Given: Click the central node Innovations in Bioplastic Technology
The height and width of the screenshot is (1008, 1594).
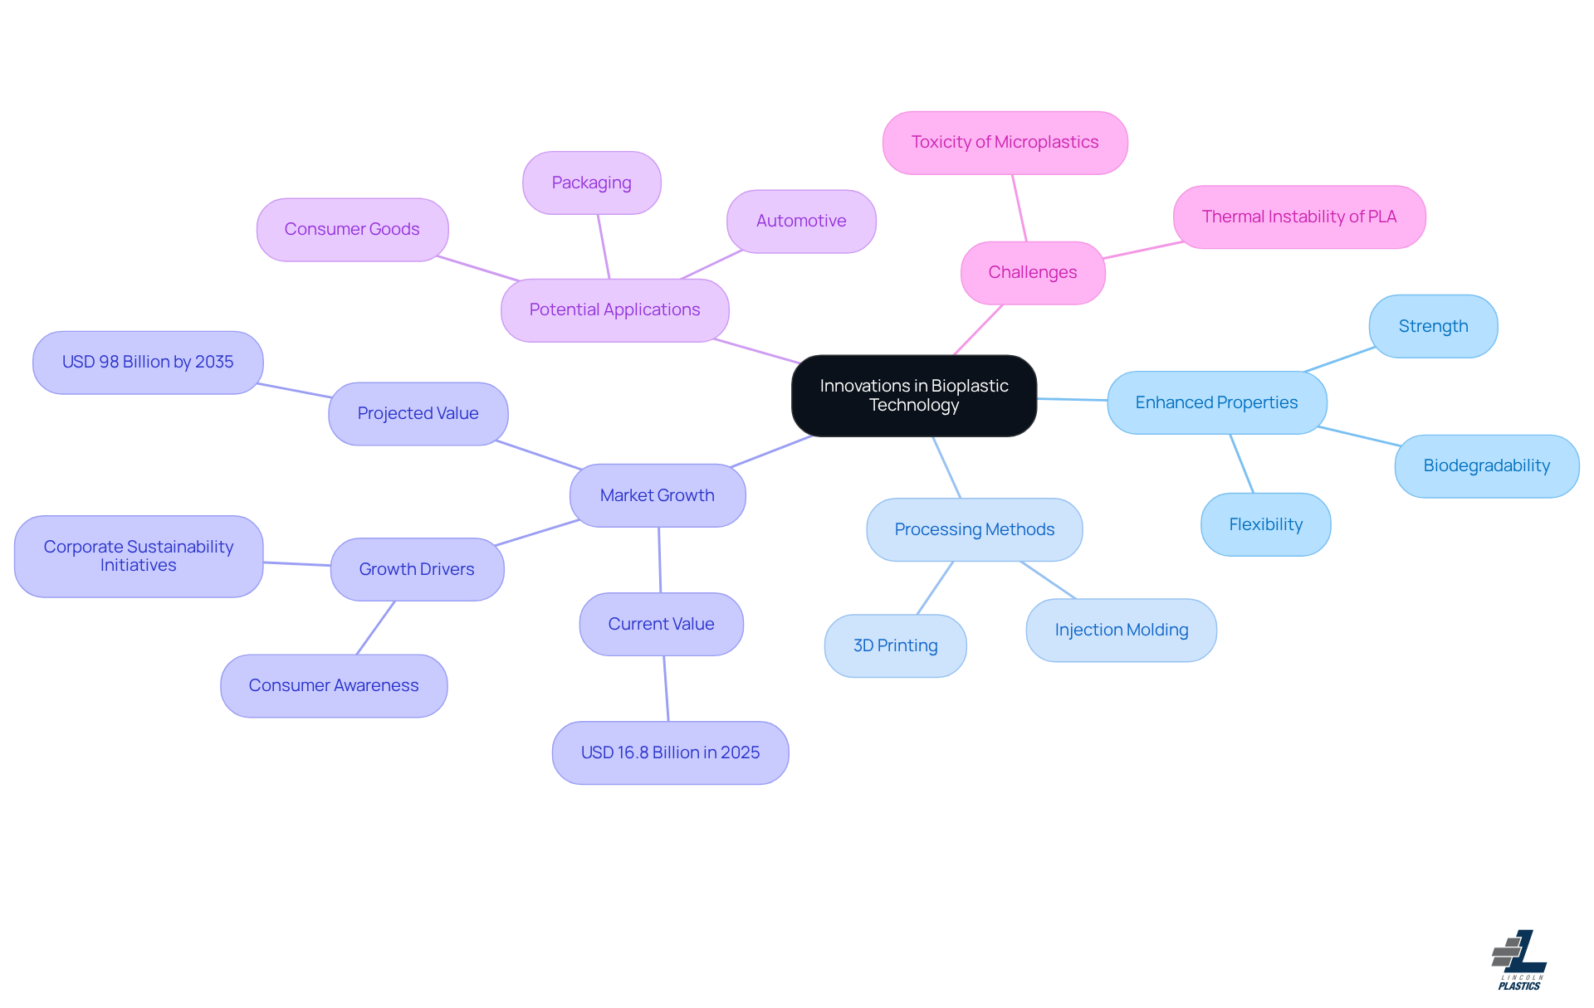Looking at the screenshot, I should [913, 396].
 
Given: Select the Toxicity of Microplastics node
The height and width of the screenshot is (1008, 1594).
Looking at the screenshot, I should [1005, 143].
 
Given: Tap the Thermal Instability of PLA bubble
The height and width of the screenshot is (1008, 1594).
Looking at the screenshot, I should [1298, 217].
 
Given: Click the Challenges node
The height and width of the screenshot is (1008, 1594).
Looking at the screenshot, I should [1032, 273].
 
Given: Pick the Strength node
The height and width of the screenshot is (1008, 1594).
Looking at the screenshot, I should [1433, 327].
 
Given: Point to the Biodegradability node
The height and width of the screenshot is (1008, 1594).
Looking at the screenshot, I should [1486, 466].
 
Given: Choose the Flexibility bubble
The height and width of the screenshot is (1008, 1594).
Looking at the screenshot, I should [1265, 525].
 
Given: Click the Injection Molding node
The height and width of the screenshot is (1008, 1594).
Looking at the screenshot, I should [1121, 631].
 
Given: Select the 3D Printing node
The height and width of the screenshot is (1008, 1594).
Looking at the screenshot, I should [895, 646].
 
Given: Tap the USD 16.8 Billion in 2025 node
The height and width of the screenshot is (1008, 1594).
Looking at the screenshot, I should [670, 753].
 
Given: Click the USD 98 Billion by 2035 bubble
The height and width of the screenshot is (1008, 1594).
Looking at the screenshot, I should [148, 363].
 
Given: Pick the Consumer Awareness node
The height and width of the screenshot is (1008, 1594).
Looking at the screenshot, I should [334, 686].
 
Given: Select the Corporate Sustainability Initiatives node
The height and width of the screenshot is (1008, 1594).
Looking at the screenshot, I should [139, 557].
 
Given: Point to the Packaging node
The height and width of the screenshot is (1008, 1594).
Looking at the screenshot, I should [591, 183].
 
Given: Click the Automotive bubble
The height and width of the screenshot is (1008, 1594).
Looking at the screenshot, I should [801, 222].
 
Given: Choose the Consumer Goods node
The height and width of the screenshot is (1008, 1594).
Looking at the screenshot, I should [352, 230].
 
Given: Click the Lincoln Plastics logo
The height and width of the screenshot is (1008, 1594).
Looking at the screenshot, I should [1519, 960].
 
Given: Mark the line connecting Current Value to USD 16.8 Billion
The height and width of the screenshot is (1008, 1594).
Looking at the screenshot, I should [666, 689].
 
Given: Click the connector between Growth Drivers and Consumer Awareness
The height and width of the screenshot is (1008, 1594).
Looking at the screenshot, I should [375, 628].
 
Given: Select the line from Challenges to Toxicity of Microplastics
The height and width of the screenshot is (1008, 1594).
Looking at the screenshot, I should [1019, 208].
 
